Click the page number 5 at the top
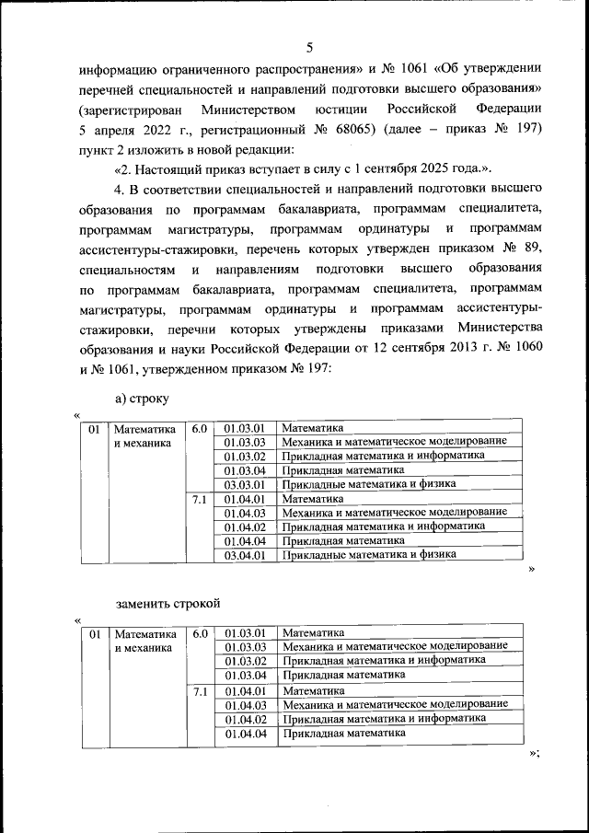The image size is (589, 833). pyautogui.click(x=309, y=48)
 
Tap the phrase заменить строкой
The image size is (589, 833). pyautogui.click(x=167, y=604)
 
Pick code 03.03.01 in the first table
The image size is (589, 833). pyautogui.click(x=244, y=484)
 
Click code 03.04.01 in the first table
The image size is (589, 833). pyautogui.click(x=244, y=555)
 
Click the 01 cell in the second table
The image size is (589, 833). pyautogui.click(x=93, y=633)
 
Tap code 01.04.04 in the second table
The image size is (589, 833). pyautogui.click(x=244, y=734)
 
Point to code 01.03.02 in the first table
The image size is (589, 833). pyautogui.click(x=244, y=456)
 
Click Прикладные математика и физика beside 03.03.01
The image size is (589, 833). pyautogui.click(x=369, y=484)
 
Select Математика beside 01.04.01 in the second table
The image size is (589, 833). pyautogui.click(x=313, y=689)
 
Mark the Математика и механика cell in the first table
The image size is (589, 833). pyautogui.click(x=144, y=435)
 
